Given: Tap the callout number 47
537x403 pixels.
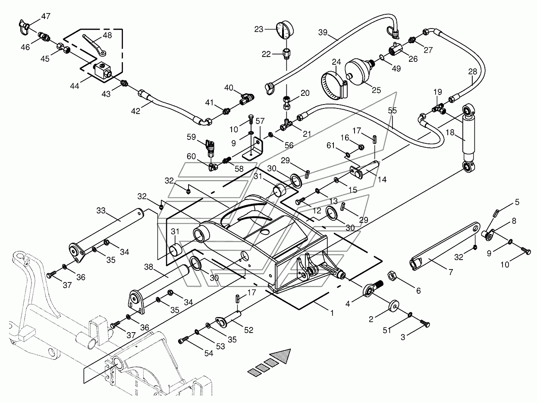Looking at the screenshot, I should [x=46, y=16].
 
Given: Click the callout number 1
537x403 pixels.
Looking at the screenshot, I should [x=332, y=313].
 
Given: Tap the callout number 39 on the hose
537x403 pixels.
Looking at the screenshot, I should [x=323, y=33].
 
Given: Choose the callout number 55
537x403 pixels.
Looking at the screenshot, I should [x=392, y=111].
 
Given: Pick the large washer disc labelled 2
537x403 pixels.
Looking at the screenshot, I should [x=393, y=306].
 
